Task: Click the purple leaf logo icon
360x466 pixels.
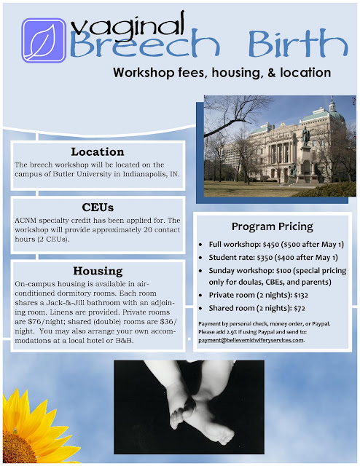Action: click(x=44, y=41)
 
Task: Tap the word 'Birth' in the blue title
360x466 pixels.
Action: click(x=298, y=43)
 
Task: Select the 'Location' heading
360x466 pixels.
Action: click(x=98, y=152)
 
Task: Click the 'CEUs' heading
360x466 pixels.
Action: click(x=98, y=208)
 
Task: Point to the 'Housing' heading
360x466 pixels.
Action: click(x=98, y=271)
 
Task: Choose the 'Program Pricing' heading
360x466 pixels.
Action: click(x=273, y=226)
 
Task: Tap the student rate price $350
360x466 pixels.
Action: click(x=265, y=258)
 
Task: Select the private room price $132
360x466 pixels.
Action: click(x=301, y=296)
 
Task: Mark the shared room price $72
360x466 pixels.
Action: click(x=300, y=309)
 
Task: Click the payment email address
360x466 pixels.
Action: click(x=251, y=340)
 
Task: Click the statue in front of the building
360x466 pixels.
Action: click(x=305, y=136)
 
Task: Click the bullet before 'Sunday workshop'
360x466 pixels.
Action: click(x=200, y=271)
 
